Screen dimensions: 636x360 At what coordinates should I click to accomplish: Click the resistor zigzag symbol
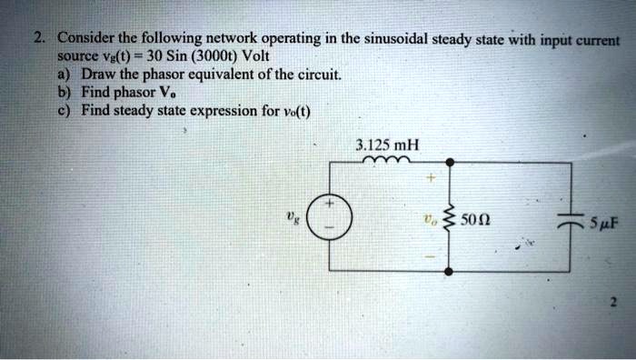tap(447, 218)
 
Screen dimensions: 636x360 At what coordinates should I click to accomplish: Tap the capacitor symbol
tap(571, 218)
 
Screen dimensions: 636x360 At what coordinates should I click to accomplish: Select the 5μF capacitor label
tap(603, 220)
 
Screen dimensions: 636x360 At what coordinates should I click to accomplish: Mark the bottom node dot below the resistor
tap(448, 271)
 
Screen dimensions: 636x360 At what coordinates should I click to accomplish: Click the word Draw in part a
tap(98, 74)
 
